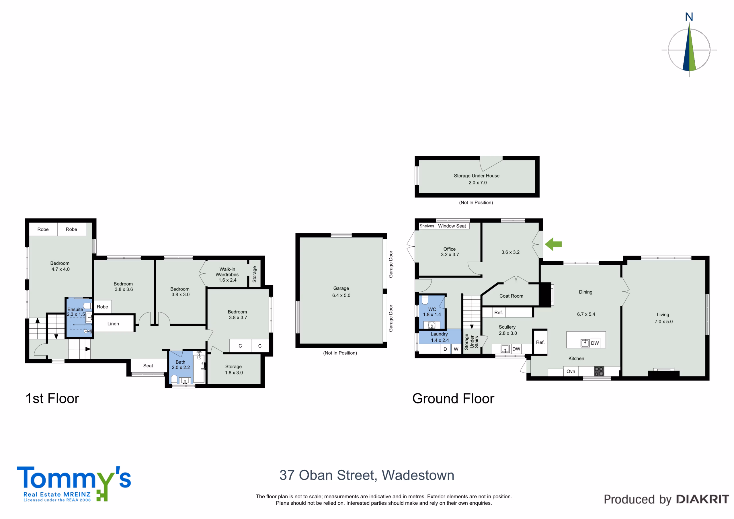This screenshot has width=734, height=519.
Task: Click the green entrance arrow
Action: pos(553,244)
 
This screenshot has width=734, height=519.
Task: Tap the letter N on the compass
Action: pos(689,17)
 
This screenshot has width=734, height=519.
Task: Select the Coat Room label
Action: pos(511,296)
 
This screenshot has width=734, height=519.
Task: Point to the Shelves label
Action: pos(427,226)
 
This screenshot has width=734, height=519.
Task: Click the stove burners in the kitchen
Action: pos(599,371)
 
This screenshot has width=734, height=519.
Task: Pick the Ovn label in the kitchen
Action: pos(571,371)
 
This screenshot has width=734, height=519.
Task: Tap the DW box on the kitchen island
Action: pos(595,343)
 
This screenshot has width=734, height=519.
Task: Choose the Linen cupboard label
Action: pos(113,324)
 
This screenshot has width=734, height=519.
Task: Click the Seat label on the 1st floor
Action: pos(148,366)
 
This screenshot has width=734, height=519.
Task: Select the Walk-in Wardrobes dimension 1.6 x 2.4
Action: pos(227,280)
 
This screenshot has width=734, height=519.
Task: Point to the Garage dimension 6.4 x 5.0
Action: pos(341,295)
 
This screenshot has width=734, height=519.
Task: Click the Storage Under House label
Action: pos(476,175)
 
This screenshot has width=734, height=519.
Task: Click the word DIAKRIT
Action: pos(702,500)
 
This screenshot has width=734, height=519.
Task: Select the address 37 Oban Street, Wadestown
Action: pos(367,475)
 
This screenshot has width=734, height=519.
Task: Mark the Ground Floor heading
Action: pos(453,399)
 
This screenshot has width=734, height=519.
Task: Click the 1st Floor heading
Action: pos(52,399)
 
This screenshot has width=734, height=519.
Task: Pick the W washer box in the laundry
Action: pos(456,349)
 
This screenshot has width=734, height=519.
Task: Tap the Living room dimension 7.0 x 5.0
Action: pos(663,322)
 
